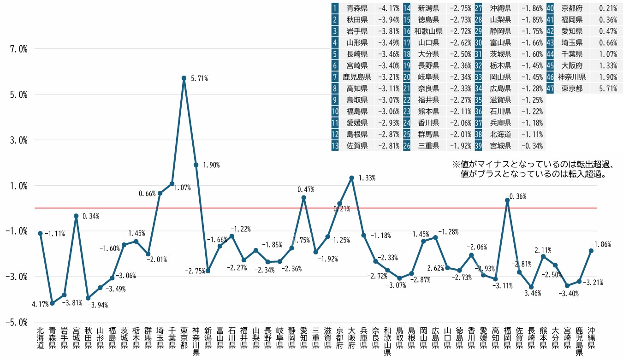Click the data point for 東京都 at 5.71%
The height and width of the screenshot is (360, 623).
point(184,78)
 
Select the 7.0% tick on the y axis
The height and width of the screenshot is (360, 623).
point(17,49)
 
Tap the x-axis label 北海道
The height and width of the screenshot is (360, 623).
point(41,338)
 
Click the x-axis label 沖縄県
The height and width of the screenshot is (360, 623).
point(591,338)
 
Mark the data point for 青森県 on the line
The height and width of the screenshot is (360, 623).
point(53,303)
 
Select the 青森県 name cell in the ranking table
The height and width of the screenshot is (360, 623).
point(357,8)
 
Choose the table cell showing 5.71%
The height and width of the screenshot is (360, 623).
point(607,89)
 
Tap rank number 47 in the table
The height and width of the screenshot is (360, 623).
point(550,89)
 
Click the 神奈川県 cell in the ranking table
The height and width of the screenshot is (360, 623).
point(572,77)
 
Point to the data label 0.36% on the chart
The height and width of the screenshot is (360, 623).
point(517,197)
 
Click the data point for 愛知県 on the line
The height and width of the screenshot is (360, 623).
point(304,198)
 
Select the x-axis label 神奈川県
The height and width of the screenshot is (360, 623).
point(196,342)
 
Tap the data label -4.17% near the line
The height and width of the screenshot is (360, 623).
point(38,304)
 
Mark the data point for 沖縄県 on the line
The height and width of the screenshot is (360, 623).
point(591,251)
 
